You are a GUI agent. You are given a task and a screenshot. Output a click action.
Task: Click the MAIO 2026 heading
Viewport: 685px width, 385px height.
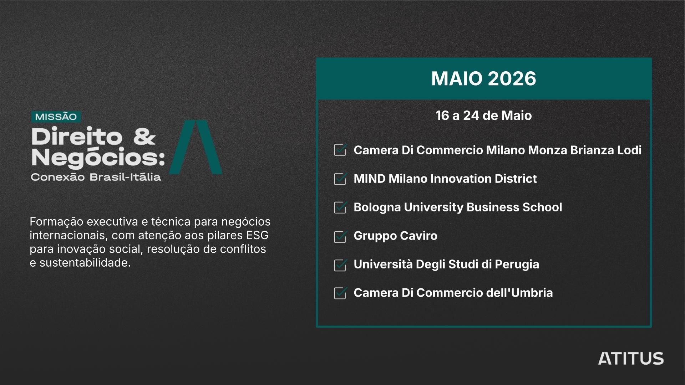tap(483, 78)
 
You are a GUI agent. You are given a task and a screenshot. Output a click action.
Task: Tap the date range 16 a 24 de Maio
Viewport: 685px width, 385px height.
tap(483, 115)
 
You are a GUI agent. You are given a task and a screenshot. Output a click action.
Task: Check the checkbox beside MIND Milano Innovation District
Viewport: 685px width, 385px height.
tap(340, 179)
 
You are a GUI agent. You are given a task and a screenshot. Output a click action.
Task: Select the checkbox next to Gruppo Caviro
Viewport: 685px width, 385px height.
tap(340, 236)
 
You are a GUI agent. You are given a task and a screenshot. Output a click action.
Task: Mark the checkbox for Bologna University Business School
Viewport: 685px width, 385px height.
tap(340, 207)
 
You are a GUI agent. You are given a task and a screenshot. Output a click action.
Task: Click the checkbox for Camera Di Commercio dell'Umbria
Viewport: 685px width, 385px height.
tap(340, 293)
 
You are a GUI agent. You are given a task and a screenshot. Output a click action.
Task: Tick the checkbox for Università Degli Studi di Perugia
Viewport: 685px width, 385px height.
tap(340, 265)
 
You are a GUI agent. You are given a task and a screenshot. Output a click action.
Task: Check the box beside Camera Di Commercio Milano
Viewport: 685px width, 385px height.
tap(340, 150)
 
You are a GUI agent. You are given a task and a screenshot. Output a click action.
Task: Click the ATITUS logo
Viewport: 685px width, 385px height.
tap(631, 359)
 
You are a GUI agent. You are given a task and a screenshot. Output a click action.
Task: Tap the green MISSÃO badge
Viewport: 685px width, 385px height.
tap(56, 117)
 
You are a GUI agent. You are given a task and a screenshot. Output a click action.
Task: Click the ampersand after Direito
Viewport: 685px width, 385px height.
tap(144, 137)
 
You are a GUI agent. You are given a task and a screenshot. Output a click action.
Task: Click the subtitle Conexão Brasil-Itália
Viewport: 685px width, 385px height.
tap(96, 177)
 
